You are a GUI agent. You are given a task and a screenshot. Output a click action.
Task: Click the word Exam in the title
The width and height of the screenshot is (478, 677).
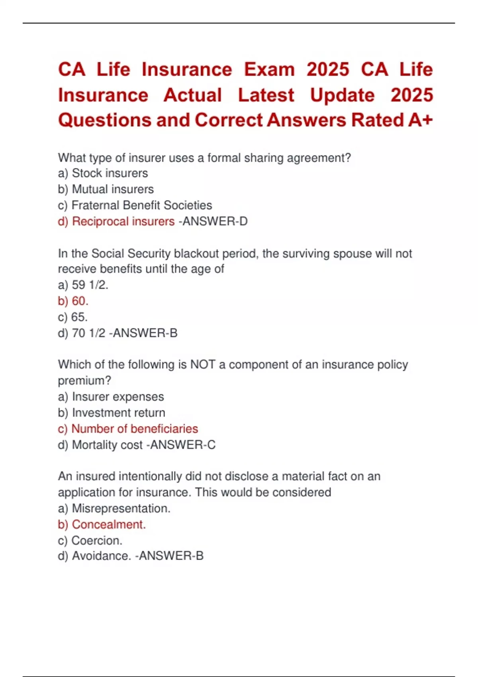point(269,70)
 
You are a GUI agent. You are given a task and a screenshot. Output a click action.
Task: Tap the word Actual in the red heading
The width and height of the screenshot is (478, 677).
point(192,95)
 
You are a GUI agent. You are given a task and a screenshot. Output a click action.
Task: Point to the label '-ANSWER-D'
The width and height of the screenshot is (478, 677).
point(213,221)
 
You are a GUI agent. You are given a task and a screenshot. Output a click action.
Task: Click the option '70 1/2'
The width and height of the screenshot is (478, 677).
point(88,333)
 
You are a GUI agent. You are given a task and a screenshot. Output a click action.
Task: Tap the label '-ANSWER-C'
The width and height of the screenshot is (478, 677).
point(181,445)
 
